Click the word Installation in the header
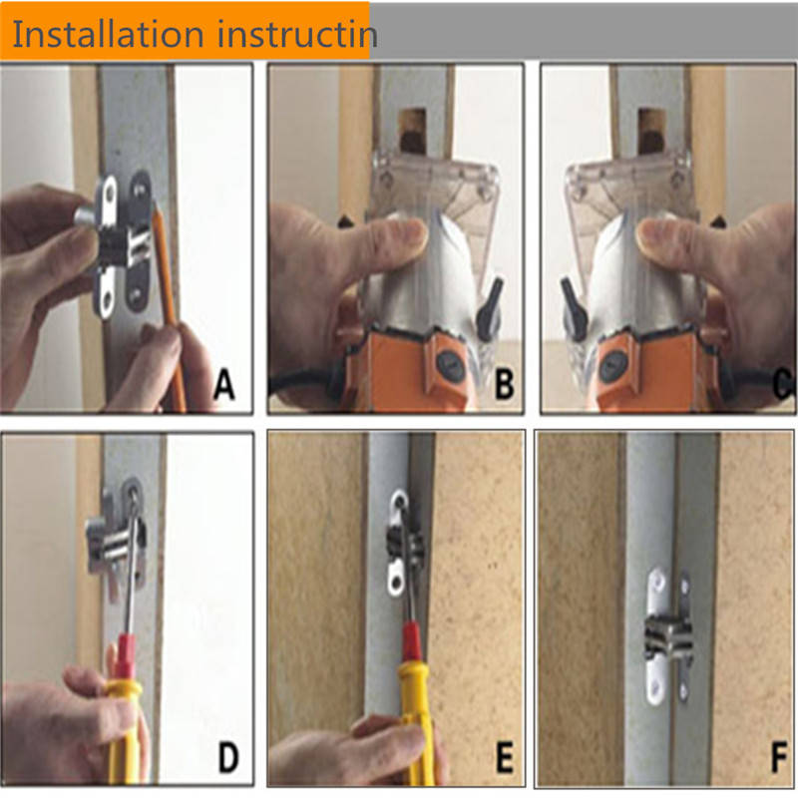(x=108, y=34)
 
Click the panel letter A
(x=223, y=384)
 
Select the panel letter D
(x=228, y=757)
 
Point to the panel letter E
(x=504, y=757)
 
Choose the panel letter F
(x=779, y=757)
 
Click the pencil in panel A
(x=169, y=305)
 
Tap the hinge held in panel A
(x=122, y=245)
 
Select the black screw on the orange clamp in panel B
(x=450, y=365)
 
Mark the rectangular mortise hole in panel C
(x=651, y=131)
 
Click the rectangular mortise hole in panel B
(x=413, y=131)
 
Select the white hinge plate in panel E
(x=400, y=543)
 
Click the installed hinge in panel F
(x=667, y=636)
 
